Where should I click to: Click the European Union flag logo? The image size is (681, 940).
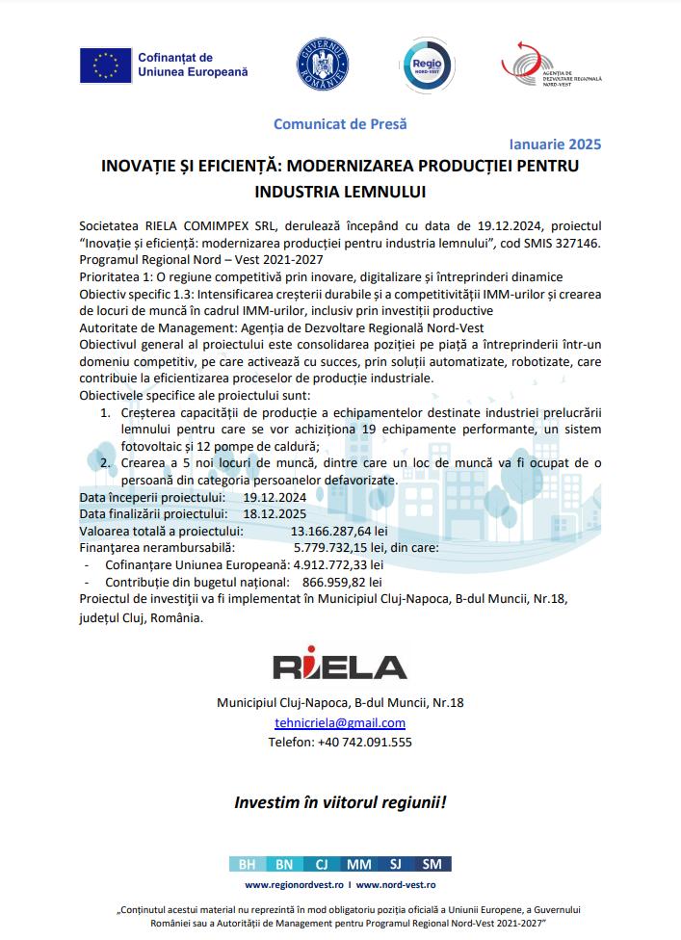104,65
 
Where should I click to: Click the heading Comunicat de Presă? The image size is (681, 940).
340,124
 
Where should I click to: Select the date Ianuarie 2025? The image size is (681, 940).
553,144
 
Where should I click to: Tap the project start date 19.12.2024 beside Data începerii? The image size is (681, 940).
275,497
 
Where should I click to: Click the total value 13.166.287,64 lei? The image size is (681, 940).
339,531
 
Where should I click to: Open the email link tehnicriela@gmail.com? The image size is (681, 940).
340,722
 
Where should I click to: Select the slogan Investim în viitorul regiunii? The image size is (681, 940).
340,801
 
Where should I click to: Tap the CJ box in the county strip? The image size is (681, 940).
322,864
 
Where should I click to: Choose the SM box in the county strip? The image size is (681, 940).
432,864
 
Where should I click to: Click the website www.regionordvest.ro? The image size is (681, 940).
294,884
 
